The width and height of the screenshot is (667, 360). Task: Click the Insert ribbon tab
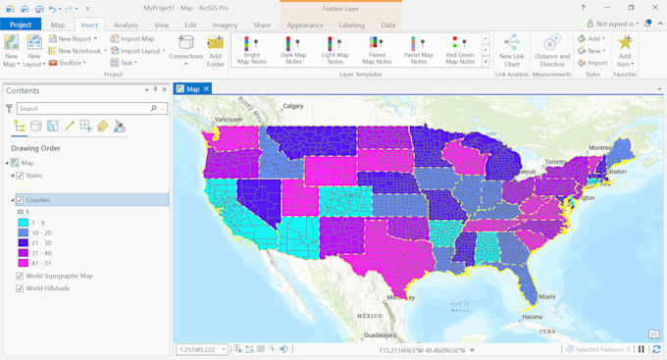point(86,24)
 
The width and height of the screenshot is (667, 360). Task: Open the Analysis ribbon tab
point(125,24)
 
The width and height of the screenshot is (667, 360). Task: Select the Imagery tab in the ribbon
point(225,24)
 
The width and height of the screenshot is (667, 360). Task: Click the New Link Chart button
point(512,50)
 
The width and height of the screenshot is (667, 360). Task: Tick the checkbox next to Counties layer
point(20,200)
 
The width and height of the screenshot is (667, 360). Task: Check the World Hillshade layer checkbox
point(21,288)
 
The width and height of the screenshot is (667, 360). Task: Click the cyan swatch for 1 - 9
point(23,224)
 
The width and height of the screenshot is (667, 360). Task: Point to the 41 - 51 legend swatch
point(23,263)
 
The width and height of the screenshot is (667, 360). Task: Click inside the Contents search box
point(82,108)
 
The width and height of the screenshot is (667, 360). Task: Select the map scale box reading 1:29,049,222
point(202,348)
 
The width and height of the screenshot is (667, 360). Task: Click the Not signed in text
point(615,24)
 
